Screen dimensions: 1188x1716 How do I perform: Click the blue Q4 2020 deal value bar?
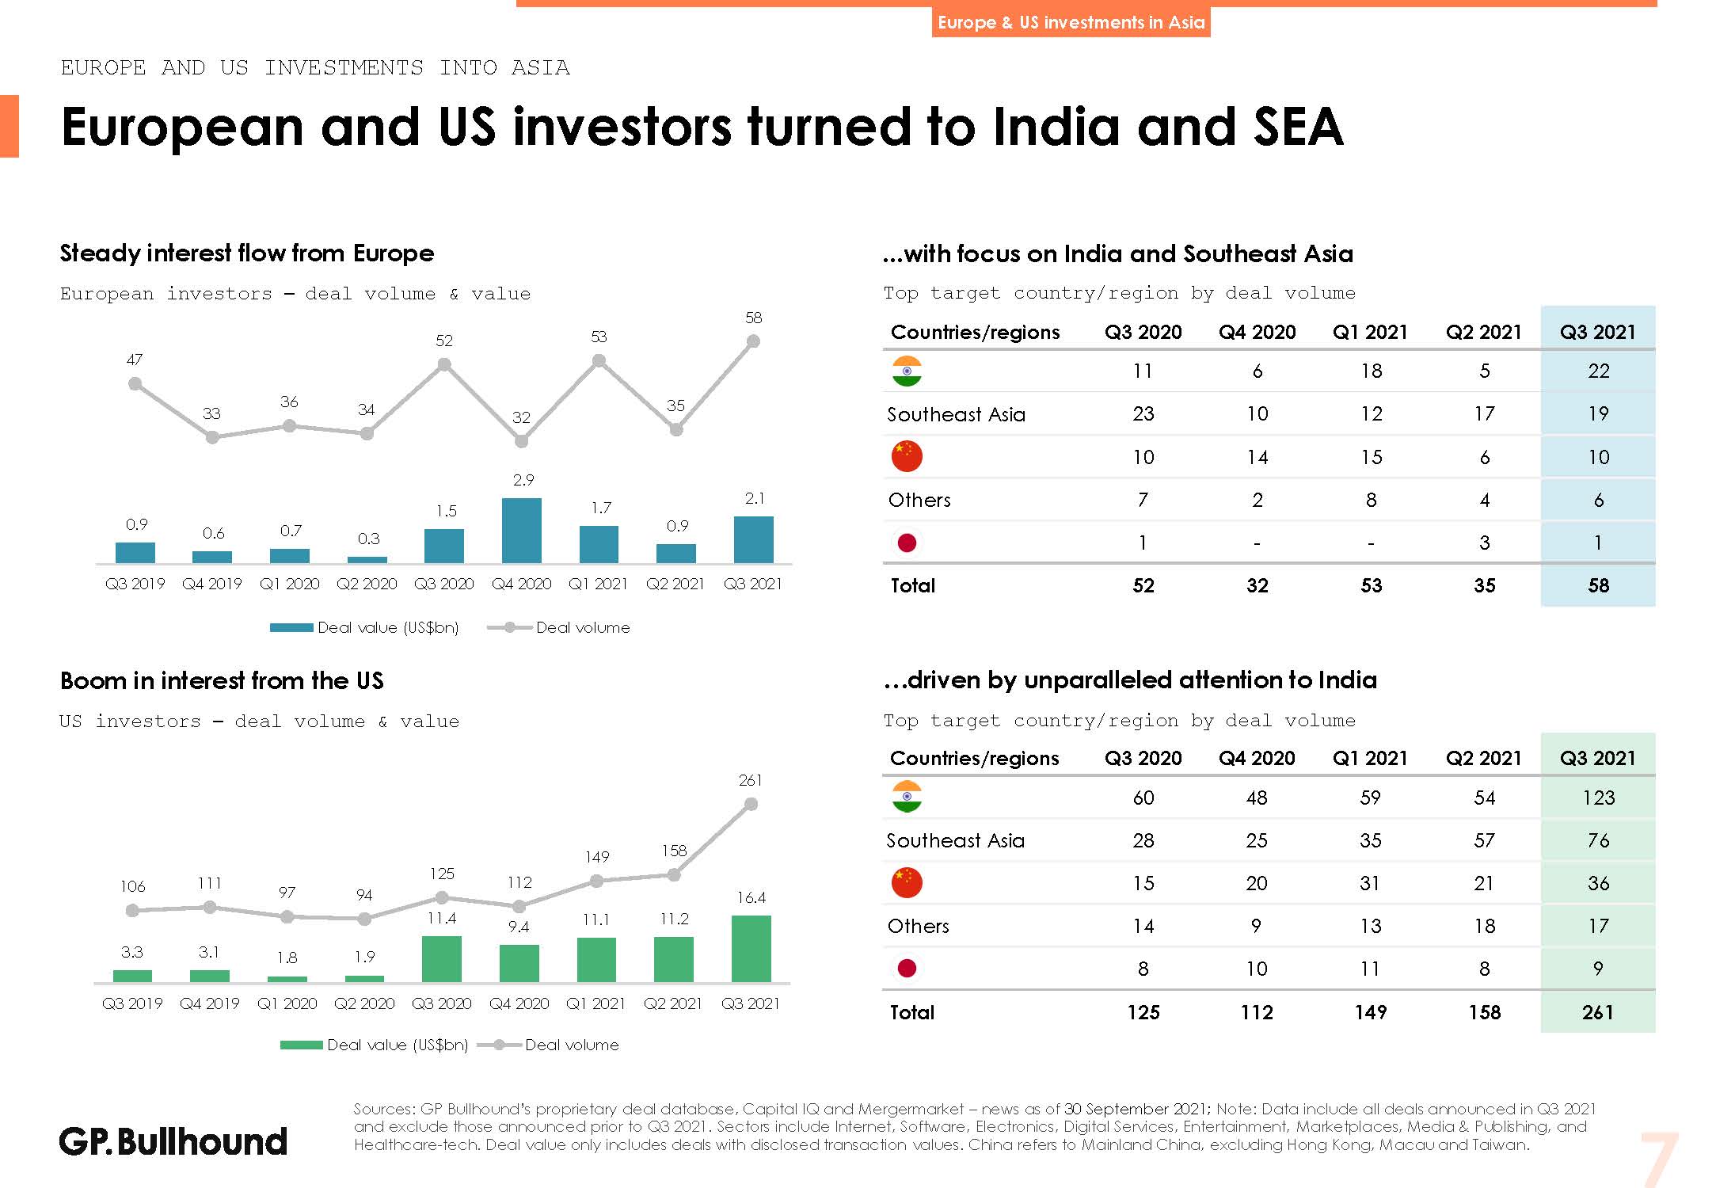click(x=522, y=530)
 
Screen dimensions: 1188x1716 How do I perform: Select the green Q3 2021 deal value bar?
click(x=751, y=948)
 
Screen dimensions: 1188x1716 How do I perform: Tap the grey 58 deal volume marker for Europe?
click(x=753, y=341)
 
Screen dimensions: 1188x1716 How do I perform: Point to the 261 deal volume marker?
click(x=751, y=804)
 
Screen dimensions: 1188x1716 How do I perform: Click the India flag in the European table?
click(x=907, y=371)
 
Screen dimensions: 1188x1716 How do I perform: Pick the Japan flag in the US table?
click(x=907, y=968)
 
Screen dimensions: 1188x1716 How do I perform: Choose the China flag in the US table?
click(x=907, y=882)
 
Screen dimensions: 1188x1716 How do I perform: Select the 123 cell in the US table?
click(x=1598, y=798)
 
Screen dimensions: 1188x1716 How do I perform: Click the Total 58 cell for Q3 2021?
click(x=1598, y=585)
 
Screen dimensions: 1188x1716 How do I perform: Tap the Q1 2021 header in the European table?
click(x=1370, y=332)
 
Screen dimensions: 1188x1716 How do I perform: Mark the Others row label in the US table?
click(x=919, y=926)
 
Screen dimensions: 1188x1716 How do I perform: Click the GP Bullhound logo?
click(x=173, y=1141)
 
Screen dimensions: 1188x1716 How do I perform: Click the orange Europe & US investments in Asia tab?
click(x=1071, y=22)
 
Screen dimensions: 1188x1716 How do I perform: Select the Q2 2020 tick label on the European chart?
click(x=367, y=584)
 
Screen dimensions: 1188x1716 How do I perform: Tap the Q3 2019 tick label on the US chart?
click(x=132, y=1003)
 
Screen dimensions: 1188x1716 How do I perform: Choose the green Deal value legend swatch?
click(x=301, y=1045)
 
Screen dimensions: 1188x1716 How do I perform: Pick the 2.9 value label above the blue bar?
click(x=523, y=480)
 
